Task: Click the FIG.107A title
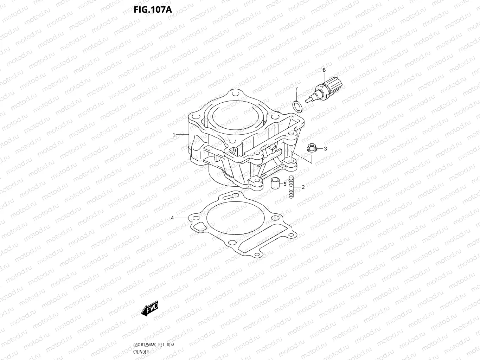coord(152,9)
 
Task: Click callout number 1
coord(174,135)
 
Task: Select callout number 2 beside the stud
coord(303,187)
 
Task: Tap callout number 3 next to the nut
coord(325,149)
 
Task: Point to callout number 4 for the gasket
coord(172,218)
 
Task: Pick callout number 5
coord(285,184)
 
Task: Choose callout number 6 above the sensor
coord(324,70)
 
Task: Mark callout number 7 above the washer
coord(296,89)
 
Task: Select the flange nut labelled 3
coord(311,148)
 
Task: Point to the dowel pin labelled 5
coord(275,183)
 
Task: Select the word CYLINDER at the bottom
coord(141,352)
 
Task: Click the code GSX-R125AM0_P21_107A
coord(154,345)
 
